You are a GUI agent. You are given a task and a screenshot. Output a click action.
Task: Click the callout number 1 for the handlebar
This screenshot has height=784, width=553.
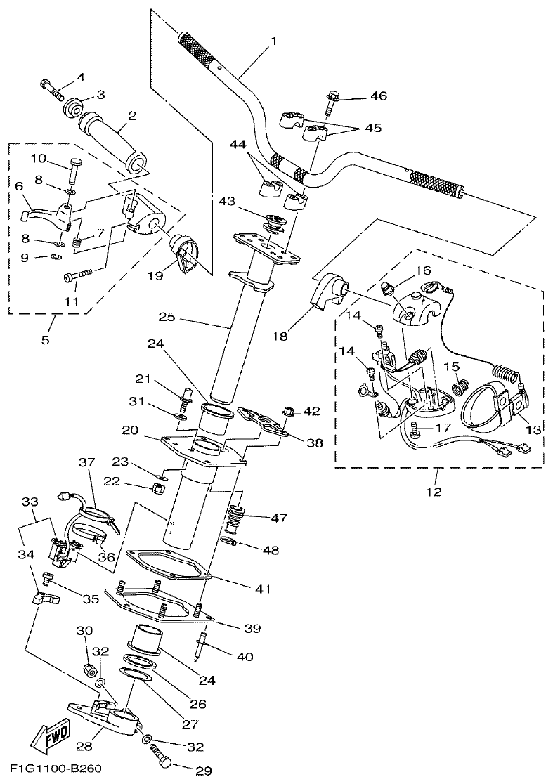pyautogui.click(x=273, y=41)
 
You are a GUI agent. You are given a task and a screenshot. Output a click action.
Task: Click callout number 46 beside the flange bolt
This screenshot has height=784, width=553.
pyautogui.click(x=379, y=96)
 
